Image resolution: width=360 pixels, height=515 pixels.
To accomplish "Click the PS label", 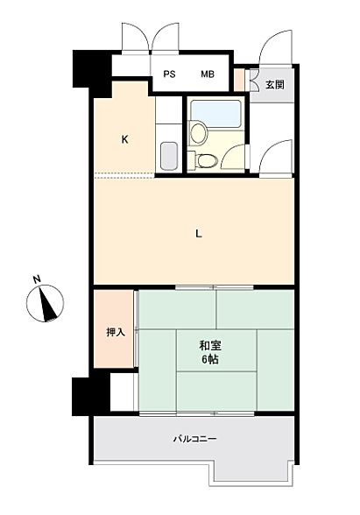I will pos(169,74).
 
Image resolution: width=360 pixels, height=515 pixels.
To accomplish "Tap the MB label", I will pos(208,74).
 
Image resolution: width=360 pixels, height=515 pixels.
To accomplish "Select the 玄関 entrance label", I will pos(274,85).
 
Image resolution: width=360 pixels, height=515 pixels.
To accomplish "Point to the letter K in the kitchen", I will pos(125,138).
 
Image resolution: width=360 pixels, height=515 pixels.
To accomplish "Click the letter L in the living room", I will pos(199,233).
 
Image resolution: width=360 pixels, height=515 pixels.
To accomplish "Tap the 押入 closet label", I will pos(115,332).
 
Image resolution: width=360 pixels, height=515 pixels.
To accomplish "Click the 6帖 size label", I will pos(209,360).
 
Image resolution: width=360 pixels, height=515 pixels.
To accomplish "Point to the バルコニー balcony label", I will pos(194,438).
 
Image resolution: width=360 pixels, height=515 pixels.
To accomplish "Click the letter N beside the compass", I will pos(36,279).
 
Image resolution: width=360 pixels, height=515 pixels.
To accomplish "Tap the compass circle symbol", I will pos(45,305).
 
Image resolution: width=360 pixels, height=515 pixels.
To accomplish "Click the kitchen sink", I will pos(169,154).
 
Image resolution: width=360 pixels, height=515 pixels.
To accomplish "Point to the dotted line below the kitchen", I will pos(125,175).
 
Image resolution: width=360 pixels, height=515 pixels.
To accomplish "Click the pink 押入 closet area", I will pos(115,328).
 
